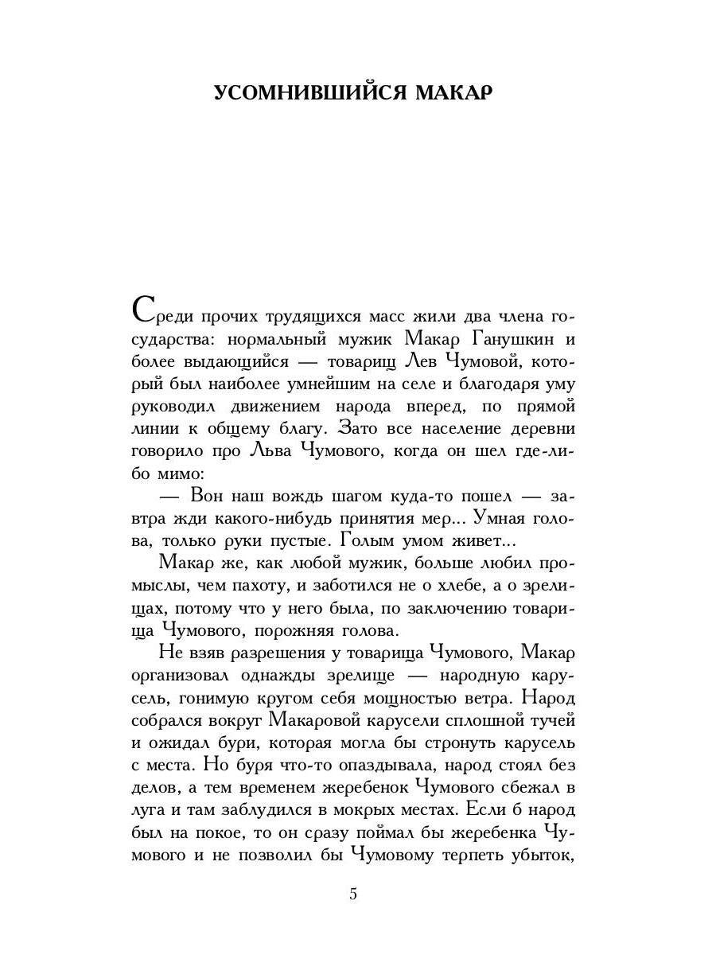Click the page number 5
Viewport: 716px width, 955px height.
click(352, 894)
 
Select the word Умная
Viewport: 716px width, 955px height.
click(500, 519)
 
